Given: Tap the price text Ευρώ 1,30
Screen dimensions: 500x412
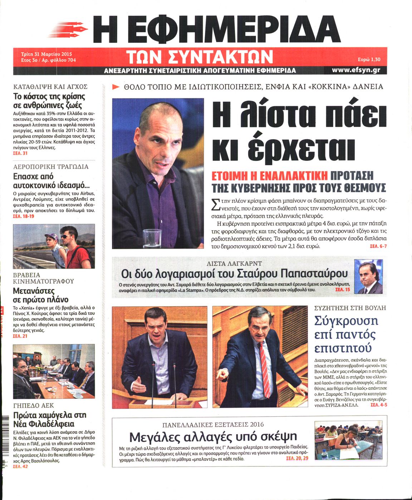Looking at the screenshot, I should click(369, 60).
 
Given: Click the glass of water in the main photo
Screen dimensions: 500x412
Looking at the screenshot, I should click(152, 239).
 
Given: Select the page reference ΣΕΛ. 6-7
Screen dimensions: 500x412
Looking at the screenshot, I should click(378, 246).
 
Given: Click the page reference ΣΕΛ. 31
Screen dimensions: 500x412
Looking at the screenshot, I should click(20, 153).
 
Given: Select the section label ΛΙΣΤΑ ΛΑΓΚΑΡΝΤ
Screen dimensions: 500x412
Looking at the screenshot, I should click(234, 264).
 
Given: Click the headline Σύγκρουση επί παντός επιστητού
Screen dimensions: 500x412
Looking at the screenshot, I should click(345, 334).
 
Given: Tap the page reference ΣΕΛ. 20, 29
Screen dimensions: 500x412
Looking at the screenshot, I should click(297, 458).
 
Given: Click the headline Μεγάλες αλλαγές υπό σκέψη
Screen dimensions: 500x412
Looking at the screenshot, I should click(213, 437).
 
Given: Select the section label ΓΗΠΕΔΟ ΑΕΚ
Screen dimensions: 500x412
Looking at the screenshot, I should click(33, 406).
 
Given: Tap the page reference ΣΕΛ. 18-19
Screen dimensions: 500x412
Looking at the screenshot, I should click(23, 216).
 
